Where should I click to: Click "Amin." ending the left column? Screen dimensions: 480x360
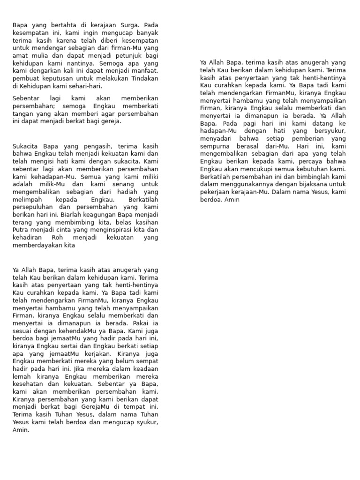[21, 429]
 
